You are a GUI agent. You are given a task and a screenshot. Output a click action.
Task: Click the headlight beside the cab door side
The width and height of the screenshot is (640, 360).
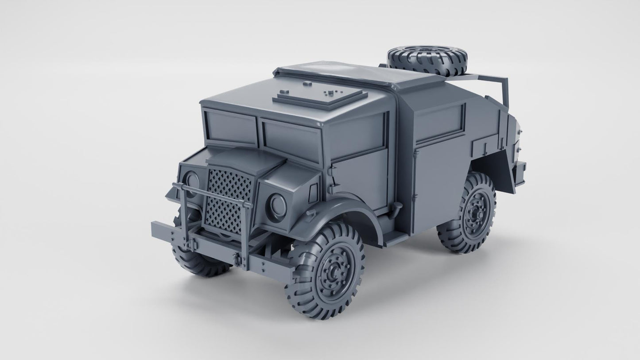click(278, 205)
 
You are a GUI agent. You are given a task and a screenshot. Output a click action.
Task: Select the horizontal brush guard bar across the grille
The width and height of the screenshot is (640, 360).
click(213, 194)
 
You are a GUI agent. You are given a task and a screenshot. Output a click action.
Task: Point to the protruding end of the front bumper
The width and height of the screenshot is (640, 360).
click(162, 232)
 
